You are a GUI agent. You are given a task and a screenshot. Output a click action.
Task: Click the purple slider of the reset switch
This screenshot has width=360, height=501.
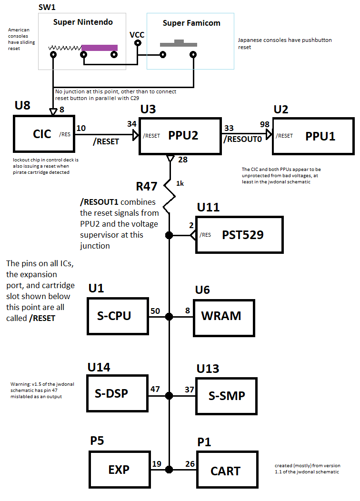[100, 48]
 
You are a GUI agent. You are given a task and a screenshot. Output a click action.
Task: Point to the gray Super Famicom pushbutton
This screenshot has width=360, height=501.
[179, 43]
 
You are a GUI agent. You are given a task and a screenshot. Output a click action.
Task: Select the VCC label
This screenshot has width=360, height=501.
[137, 35]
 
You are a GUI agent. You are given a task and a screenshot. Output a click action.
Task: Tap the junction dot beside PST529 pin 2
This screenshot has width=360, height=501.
[170, 235]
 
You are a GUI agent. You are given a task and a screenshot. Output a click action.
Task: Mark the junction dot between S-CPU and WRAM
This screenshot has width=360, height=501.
[170, 317]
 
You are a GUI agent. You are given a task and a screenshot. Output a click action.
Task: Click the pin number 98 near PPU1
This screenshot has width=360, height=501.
[264, 124]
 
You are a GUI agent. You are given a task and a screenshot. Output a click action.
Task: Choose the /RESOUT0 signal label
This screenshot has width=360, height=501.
[243, 140]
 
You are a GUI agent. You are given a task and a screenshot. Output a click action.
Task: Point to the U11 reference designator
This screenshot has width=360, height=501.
[208, 207]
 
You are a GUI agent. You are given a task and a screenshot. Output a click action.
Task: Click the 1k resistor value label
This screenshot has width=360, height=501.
[180, 183]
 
